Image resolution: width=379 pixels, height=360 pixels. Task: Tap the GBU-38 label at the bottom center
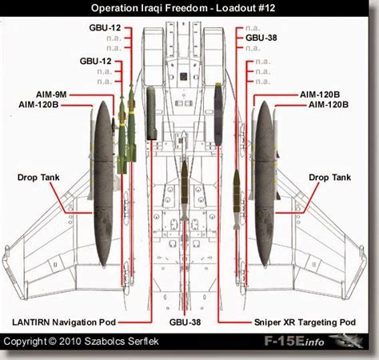[x=185, y=322]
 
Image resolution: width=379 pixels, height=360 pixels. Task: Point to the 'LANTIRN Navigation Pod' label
[x=65, y=322]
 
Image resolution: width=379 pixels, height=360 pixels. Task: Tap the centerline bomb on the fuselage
[x=185, y=192]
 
